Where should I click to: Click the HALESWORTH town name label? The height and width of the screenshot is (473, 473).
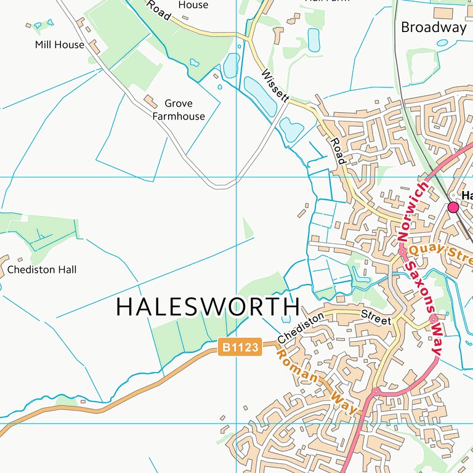click(208, 307)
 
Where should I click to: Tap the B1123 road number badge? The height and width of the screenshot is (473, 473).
click(240, 348)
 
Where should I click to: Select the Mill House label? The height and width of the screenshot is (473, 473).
click(59, 44)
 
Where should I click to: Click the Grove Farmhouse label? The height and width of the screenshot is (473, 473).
click(179, 110)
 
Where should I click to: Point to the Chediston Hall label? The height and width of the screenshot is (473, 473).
click(42, 270)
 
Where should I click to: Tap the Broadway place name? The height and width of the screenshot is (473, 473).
click(434, 27)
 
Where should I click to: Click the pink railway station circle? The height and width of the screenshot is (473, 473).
click(453, 208)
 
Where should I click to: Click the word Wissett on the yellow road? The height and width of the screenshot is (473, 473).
click(275, 85)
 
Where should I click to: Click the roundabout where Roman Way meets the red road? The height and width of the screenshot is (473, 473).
click(375, 392)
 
